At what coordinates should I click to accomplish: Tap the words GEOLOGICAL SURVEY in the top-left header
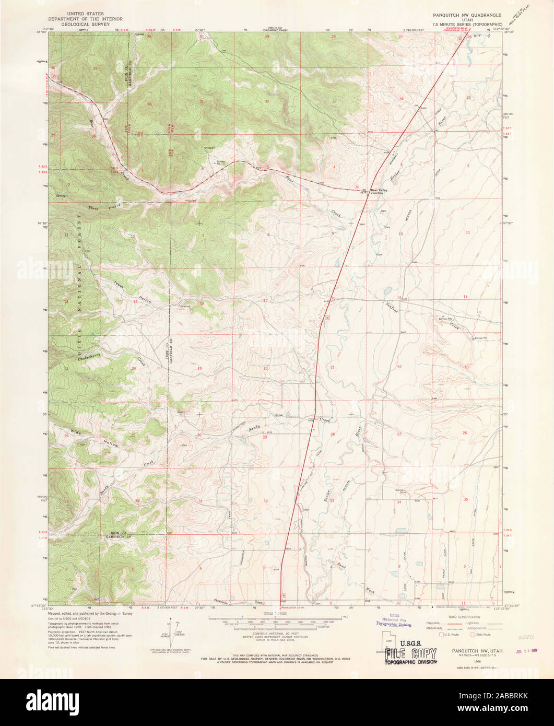pyautogui.click(x=85, y=24)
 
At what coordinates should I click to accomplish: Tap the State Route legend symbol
pyautogui.click(x=473, y=635)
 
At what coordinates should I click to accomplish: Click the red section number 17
pyautogui.click(x=265, y=300)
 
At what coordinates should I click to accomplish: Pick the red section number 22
pyautogui.click(x=399, y=367)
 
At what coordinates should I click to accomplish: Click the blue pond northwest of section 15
pyautogui.click(x=387, y=290)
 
